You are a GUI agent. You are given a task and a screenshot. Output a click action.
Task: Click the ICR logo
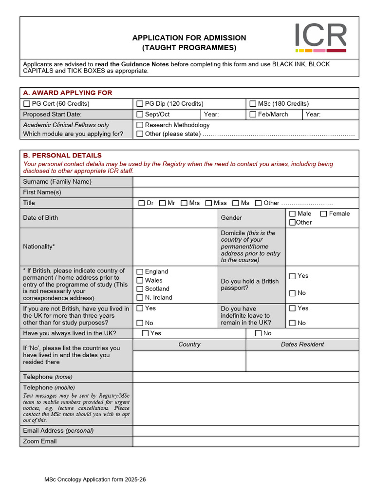[x=320, y=37]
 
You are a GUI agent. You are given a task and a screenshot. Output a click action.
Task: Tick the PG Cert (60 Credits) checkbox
[x=27, y=104]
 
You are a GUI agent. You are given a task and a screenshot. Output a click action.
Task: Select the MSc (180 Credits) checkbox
[x=253, y=104]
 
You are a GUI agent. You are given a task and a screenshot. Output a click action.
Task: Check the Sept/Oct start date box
[x=140, y=115]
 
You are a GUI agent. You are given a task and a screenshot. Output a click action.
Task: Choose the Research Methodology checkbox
[x=140, y=125]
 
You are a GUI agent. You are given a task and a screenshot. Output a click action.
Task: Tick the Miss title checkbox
[x=209, y=203]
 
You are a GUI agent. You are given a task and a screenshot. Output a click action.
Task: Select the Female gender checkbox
[x=324, y=214]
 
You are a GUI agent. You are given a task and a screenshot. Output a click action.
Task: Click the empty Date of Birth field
[x=175, y=218]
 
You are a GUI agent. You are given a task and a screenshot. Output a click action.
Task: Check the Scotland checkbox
[x=140, y=289]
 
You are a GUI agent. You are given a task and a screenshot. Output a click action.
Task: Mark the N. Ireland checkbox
[x=140, y=298]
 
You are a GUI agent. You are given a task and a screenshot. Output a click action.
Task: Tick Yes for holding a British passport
[x=292, y=276]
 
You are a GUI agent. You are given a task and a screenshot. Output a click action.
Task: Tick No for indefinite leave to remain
[x=292, y=323]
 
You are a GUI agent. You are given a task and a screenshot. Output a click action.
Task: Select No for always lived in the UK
[x=258, y=333]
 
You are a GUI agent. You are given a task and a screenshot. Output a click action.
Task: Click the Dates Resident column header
[x=302, y=345]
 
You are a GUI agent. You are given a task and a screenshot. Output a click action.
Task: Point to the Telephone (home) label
[x=47, y=377]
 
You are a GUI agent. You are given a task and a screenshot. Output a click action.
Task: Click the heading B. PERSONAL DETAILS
[x=62, y=155]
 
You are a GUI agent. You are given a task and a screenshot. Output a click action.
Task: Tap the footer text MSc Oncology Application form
[x=95, y=480]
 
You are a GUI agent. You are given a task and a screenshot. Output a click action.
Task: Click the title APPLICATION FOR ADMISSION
[x=189, y=38]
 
